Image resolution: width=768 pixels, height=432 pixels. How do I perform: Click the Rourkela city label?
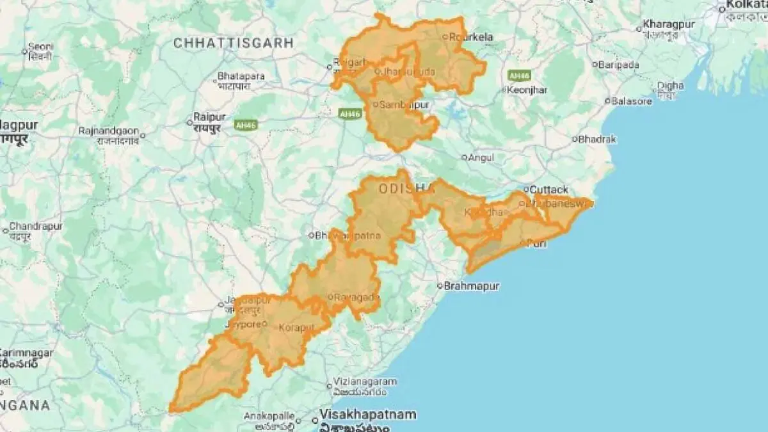[x=472, y=37]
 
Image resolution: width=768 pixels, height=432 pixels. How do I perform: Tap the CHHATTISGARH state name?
[x=234, y=43]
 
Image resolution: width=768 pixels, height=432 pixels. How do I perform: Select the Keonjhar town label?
[x=527, y=90]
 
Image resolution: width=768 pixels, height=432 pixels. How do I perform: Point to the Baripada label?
[x=618, y=65]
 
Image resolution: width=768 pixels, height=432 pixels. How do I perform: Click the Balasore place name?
[x=632, y=101]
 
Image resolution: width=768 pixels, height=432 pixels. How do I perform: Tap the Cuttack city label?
[x=549, y=190]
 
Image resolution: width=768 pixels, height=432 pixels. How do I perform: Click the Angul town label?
[x=481, y=157]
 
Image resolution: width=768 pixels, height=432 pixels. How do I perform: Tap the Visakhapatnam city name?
[x=368, y=414]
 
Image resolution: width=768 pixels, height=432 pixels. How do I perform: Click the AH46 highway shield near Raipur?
[x=246, y=125]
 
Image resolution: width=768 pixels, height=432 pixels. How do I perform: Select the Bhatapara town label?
[x=241, y=76]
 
